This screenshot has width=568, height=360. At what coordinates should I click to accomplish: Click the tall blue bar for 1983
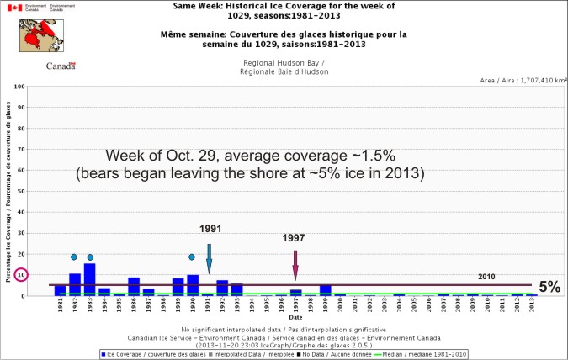[89, 279]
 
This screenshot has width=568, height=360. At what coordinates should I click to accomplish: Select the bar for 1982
[75, 284]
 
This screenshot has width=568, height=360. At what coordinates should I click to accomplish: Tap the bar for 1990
[193, 284]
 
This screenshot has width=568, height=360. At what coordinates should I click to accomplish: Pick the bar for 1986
[134, 286]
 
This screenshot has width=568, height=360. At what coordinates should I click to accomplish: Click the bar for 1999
[325, 290]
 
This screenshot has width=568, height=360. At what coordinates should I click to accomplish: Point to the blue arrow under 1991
[209, 257]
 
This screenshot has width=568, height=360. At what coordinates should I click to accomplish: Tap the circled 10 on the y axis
[23, 275]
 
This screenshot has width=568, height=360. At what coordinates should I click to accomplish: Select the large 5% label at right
[549, 287]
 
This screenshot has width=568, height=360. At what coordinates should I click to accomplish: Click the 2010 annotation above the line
[487, 277]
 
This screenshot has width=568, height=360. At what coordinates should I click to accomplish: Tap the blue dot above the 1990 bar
[192, 257]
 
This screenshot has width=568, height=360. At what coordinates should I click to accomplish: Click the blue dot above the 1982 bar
[74, 257]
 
